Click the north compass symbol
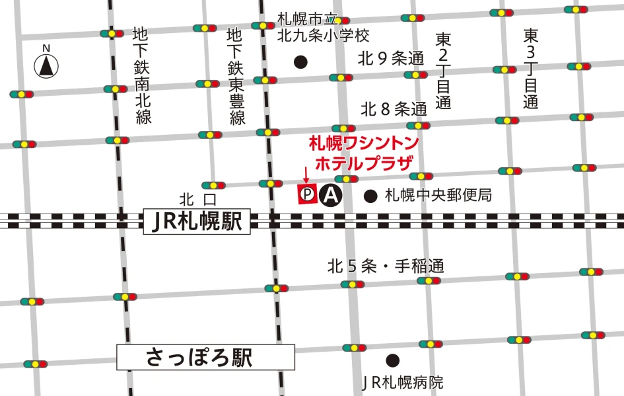click(46, 65)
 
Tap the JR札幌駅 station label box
click(197, 221)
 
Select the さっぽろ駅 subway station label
click(205, 358)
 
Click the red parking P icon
click(306, 194)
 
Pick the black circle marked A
click(330, 195)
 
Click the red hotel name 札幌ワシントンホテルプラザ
click(364, 153)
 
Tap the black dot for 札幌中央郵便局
click(371, 196)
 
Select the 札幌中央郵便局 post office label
click(438, 196)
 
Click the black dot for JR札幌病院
click(393, 360)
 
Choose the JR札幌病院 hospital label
click(403, 382)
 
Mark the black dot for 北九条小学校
click(300, 62)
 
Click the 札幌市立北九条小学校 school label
click(323, 27)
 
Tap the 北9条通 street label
click(390, 58)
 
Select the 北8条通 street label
click(394, 109)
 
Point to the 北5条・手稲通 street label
click(386, 266)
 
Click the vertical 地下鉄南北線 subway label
click(143, 75)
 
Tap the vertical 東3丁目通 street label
click(531, 68)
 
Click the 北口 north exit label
click(198, 199)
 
